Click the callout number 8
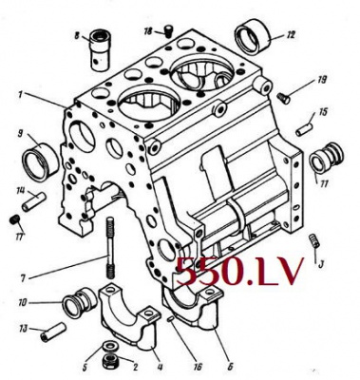coord(77,36)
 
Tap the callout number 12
coord(291,34)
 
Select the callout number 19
coord(322,80)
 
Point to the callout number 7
coord(23,278)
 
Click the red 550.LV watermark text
coord(239,271)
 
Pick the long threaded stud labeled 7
coord(110,248)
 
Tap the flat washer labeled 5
coord(110,346)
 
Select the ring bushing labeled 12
coord(253,37)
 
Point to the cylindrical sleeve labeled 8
coord(100,50)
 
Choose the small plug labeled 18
coord(169,31)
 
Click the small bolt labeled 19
coord(283,98)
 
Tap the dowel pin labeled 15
coord(305,129)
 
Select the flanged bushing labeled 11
coord(326,158)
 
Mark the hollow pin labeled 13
coord(53,332)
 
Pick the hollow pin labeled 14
coord(34,201)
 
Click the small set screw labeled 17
coord(13,219)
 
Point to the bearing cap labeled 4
coord(129,316)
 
